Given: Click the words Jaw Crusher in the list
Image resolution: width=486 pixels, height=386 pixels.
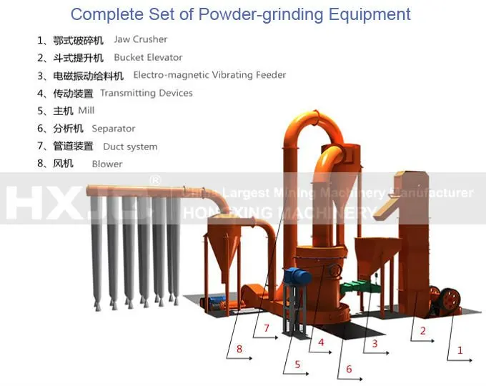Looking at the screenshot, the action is click(x=141, y=39).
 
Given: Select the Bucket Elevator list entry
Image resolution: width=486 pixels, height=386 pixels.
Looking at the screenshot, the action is click(x=148, y=57).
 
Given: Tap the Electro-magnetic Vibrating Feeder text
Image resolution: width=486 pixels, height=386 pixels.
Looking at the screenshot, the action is click(x=209, y=75).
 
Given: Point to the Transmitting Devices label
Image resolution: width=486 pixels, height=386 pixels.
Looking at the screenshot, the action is click(x=147, y=93).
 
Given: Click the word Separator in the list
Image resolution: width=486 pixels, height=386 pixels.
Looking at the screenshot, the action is click(x=114, y=129).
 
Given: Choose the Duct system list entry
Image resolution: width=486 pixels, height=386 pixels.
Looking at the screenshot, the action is click(x=130, y=147).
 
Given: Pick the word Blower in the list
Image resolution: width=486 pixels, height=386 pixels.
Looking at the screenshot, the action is click(x=107, y=164).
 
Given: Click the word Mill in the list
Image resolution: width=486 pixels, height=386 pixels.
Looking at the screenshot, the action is click(x=86, y=111).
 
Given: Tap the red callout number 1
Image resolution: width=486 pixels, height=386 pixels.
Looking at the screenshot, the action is click(x=460, y=350).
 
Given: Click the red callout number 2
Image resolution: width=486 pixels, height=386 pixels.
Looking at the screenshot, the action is click(x=423, y=331).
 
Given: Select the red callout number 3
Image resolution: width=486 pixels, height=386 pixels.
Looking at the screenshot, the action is click(x=374, y=344).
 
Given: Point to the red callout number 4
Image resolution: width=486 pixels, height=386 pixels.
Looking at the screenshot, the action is click(x=321, y=342).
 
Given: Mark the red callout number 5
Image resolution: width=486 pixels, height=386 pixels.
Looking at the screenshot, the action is click(x=297, y=364).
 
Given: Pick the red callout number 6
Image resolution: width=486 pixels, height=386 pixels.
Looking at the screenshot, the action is click(x=349, y=369).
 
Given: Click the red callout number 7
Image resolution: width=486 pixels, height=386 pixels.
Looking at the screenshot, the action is click(x=266, y=328).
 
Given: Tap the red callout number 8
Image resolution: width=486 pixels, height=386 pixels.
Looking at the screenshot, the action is click(x=239, y=349).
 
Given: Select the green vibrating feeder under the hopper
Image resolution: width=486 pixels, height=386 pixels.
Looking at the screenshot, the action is click(x=359, y=287).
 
